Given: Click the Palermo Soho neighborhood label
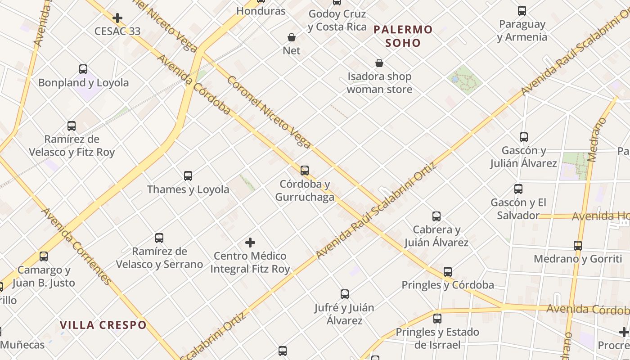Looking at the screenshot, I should pyautogui.click(x=403, y=36).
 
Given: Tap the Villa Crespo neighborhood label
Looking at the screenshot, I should pyautogui.click(x=103, y=325).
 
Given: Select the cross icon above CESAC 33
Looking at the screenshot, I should pyautogui.click(x=117, y=18).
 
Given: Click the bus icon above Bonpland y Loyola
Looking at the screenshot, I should pyautogui.click(x=83, y=69).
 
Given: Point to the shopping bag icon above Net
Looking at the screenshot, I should pyautogui.click(x=292, y=37).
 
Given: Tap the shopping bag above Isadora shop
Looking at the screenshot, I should pyautogui.click(x=379, y=63).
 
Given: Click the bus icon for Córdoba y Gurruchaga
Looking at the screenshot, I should pyautogui.click(x=305, y=171).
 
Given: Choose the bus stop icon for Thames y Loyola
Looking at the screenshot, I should pyautogui.click(x=188, y=176).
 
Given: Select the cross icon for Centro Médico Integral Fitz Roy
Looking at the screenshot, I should pyautogui.click(x=250, y=243).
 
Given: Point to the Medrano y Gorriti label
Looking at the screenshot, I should pyautogui.click(x=577, y=259).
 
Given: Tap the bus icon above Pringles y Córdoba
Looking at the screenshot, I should pyautogui.click(x=447, y=272).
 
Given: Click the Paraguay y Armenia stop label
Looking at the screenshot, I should pyautogui.click(x=522, y=31).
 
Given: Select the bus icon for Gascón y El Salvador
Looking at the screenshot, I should pyautogui.click(x=518, y=189).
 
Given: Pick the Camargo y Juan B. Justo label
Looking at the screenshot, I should pyautogui.click(x=44, y=276).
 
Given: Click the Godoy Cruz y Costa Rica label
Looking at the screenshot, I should pyautogui.click(x=337, y=21).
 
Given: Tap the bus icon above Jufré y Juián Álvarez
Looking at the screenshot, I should pyautogui.click(x=345, y=294).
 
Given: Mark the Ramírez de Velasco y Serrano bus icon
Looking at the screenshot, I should pyautogui.click(x=159, y=238).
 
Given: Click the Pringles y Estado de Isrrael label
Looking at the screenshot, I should pyautogui.click(x=437, y=338).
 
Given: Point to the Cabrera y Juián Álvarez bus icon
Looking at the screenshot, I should pyautogui.click(x=436, y=216).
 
